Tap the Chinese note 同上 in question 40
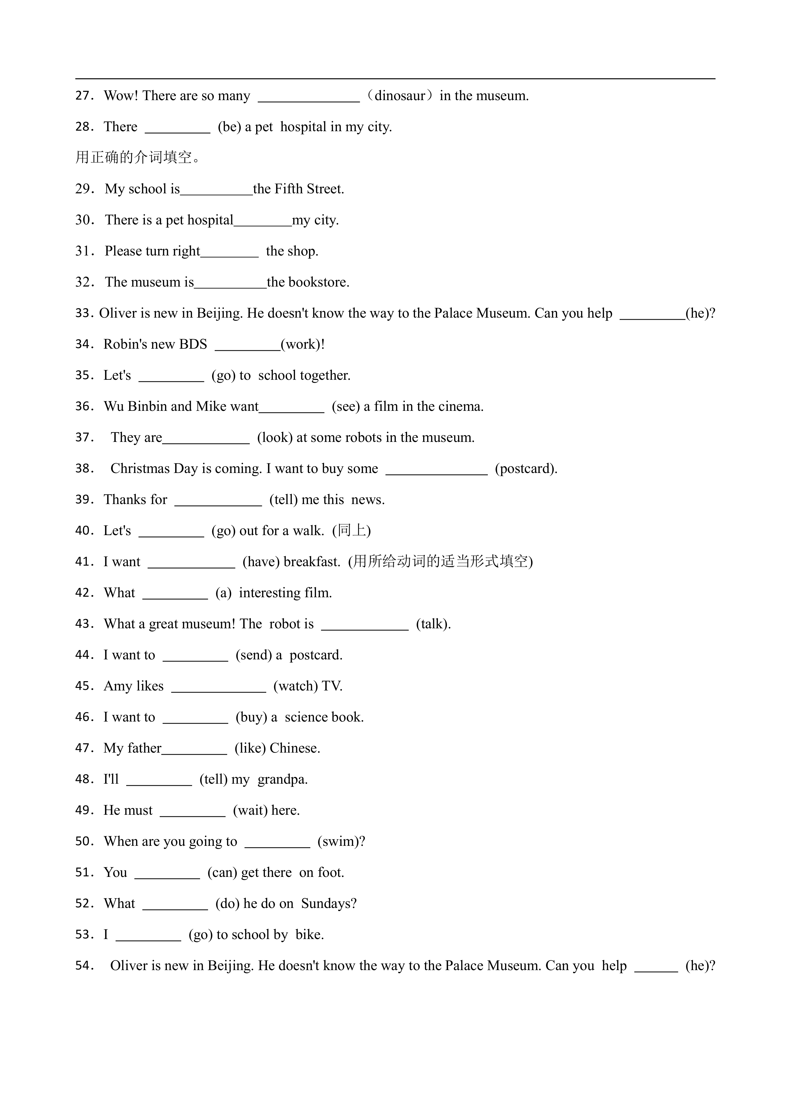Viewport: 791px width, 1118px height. click(x=351, y=530)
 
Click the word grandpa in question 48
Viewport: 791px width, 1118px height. click(x=282, y=780)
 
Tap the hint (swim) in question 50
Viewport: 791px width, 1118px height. click(x=341, y=842)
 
